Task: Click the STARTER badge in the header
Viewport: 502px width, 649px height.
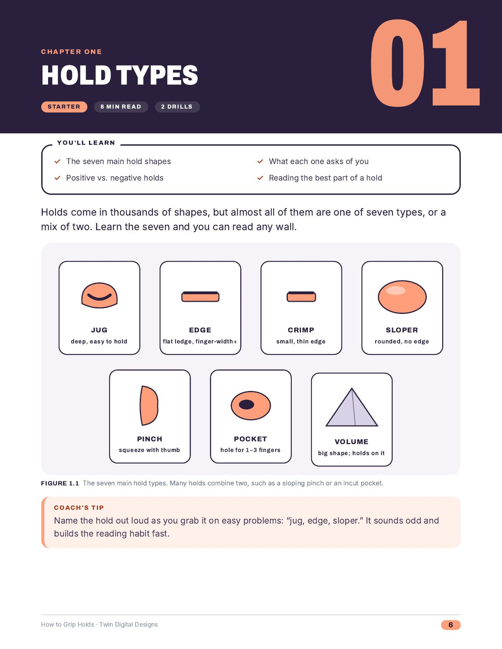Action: [x=64, y=107]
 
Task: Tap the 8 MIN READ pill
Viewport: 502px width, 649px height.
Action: [x=121, y=107]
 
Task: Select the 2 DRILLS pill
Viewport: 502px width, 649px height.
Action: [x=177, y=107]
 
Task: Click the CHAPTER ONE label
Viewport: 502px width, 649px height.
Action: [x=72, y=52]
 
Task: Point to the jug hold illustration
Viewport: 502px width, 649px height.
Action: [x=99, y=295]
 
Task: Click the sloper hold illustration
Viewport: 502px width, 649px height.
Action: [x=402, y=297]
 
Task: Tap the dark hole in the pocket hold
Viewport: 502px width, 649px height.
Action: [x=246, y=405]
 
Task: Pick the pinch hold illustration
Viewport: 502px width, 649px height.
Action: [x=149, y=405]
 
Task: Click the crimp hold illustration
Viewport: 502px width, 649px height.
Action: [x=301, y=297]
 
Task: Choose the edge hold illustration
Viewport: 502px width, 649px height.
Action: [x=200, y=297]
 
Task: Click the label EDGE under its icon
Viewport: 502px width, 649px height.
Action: [x=200, y=330]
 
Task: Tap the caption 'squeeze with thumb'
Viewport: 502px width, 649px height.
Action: [x=149, y=450]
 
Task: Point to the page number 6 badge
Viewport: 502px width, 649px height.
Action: [x=451, y=625]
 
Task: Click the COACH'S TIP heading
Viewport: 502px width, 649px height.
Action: [x=79, y=507]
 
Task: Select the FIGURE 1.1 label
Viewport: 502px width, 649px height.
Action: [x=60, y=483]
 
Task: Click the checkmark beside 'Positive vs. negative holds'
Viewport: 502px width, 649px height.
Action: [x=57, y=178]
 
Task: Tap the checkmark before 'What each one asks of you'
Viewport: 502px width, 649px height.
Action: [x=260, y=161]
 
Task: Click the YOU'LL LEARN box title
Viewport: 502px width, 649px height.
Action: [x=86, y=143]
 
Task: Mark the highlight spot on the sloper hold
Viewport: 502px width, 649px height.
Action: [x=396, y=290]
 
